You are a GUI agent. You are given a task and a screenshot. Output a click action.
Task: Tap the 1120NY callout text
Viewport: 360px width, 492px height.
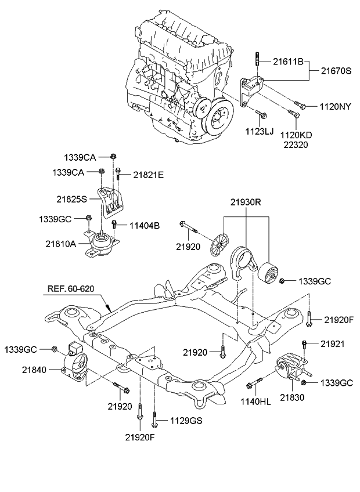pos(336,106)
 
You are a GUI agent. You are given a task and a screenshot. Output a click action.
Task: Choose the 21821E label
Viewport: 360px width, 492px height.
pos(149,173)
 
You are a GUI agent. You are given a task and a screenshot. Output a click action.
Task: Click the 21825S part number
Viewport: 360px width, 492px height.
pos(71,198)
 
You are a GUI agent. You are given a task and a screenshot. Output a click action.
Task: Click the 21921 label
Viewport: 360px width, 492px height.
pos(333,344)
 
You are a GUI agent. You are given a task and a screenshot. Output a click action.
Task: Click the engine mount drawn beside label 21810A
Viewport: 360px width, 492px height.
pos(102,246)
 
